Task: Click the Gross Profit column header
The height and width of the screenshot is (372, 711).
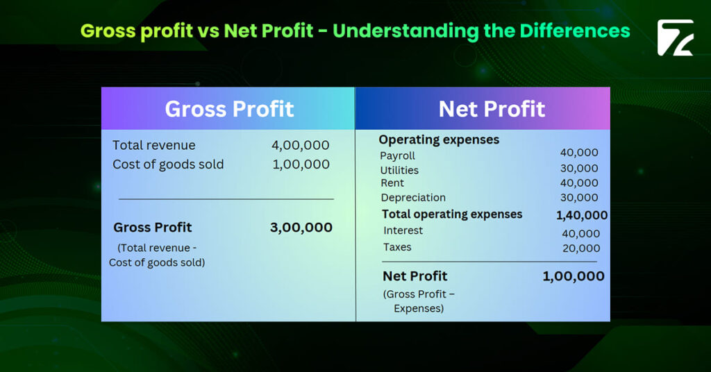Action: [x=229, y=109]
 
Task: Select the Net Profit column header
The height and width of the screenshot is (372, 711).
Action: [x=492, y=109]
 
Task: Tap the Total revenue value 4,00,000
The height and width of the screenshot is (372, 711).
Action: [x=300, y=145]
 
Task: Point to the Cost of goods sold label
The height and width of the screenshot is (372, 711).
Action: [x=168, y=164]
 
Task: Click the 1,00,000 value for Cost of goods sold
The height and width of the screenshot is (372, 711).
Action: [x=300, y=164]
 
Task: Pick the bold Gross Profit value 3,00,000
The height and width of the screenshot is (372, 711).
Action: [x=301, y=227]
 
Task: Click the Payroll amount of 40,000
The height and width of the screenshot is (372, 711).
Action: [x=579, y=153]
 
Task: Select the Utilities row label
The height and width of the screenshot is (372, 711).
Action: [x=399, y=170]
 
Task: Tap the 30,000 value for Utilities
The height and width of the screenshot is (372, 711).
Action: [x=579, y=168]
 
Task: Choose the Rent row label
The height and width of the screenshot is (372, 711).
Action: [x=392, y=183]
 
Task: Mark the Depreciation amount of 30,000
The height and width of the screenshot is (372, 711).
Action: [x=579, y=198]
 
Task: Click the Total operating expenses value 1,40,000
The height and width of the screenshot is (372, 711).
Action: [x=581, y=215]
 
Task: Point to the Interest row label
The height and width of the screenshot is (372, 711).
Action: [x=403, y=230]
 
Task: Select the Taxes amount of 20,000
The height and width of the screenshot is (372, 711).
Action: [x=581, y=248]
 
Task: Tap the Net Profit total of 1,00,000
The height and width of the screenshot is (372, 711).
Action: [x=573, y=276]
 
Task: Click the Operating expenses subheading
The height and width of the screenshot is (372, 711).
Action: [x=439, y=139]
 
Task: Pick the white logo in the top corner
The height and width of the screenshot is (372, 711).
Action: [x=675, y=37]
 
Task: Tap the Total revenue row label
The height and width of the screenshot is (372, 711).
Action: [x=154, y=145]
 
